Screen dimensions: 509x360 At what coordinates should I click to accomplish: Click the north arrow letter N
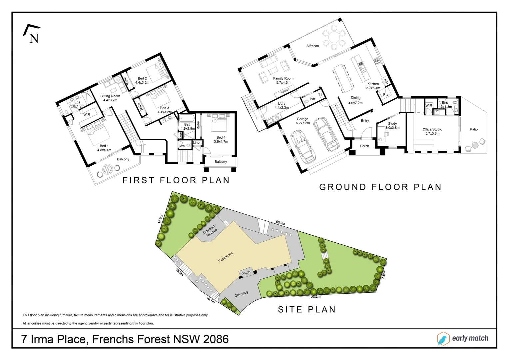click(34, 38)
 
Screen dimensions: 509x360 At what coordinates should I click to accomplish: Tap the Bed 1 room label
click(104, 148)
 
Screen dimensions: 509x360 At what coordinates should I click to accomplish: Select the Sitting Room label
click(110, 98)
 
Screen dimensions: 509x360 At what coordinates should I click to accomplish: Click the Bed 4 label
click(221, 139)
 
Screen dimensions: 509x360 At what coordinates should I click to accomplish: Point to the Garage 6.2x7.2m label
click(303, 121)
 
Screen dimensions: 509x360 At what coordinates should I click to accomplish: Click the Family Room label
click(283, 81)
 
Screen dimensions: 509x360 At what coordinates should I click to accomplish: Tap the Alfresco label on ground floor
click(312, 46)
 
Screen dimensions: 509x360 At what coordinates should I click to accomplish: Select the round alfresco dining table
click(334, 37)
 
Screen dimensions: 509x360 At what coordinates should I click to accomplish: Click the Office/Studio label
click(432, 131)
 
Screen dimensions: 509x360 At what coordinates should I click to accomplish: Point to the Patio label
click(474, 129)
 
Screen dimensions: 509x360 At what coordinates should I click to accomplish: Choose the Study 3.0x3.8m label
click(392, 126)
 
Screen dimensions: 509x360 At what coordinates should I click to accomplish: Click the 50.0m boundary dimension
click(280, 223)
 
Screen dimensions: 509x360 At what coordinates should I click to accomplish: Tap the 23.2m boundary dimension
click(315, 297)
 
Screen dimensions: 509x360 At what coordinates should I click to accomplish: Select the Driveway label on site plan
click(241, 294)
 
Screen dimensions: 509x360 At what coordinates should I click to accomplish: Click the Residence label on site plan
click(225, 257)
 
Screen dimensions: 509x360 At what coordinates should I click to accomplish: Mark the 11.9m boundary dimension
click(161, 219)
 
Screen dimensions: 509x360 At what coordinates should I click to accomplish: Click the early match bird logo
click(443, 338)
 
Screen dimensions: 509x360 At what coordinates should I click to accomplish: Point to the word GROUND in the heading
click(343, 187)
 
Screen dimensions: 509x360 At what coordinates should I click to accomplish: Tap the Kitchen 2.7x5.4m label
click(373, 86)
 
